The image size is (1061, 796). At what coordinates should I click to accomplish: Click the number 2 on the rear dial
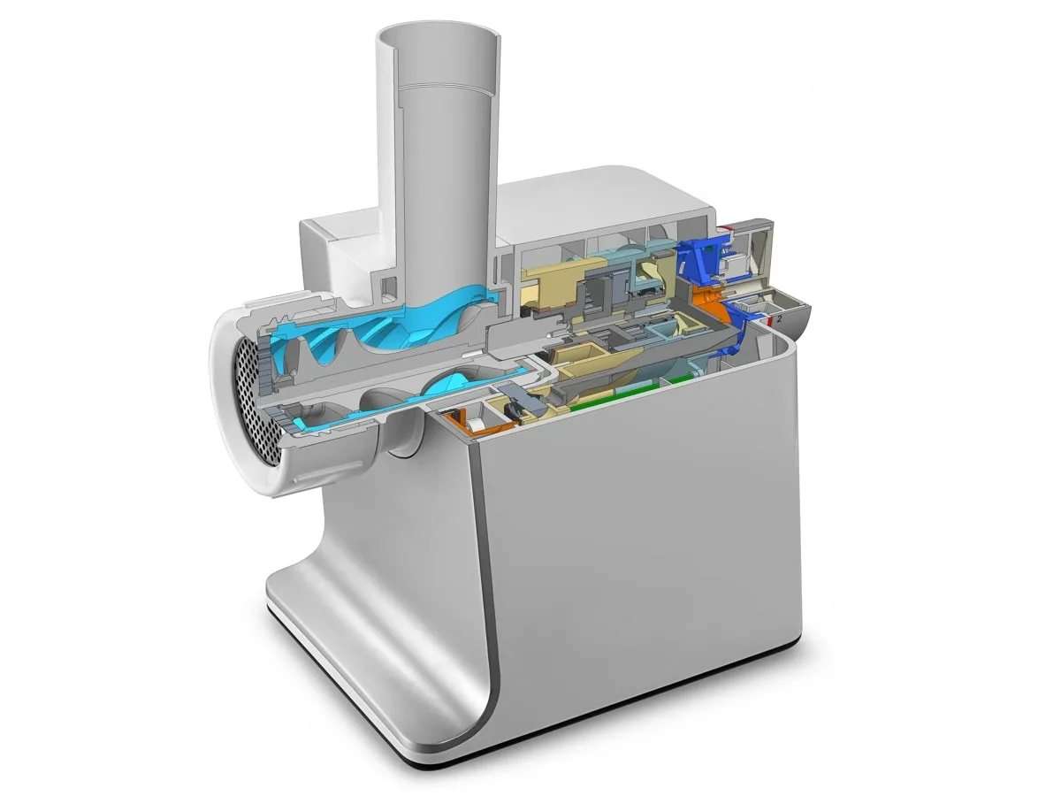(779, 318)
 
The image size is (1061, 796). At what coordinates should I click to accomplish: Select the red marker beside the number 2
(770, 315)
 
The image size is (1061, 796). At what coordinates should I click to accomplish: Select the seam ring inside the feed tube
(442, 88)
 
